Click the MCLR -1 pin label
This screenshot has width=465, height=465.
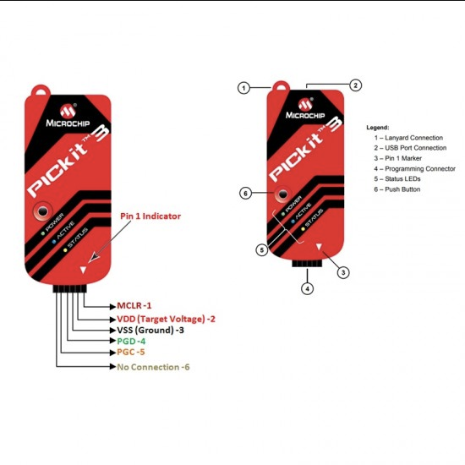[x=134, y=305]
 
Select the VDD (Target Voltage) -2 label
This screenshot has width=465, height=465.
[x=166, y=319]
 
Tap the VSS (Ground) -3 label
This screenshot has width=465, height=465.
[x=150, y=330]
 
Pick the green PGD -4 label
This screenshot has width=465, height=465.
[x=131, y=341]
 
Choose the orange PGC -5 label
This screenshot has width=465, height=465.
[x=131, y=352]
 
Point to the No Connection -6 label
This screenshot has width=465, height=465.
[x=153, y=367]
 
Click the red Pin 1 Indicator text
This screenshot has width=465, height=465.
[x=150, y=216]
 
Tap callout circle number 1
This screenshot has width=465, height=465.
[x=243, y=88]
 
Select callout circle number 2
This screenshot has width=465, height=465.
[x=356, y=85]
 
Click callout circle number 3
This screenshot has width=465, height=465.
[x=343, y=272]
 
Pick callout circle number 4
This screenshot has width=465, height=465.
[x=308, y=288]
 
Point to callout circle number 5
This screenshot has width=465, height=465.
[x=261, y=250]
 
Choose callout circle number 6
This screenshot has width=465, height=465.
[x=245, y=194]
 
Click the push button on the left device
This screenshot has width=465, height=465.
[x=43, y=211]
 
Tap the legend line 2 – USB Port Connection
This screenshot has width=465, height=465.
[x=410, y=148]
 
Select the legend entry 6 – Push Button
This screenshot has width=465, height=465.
[x=397, y=189]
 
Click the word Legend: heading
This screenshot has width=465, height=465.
[x=378, y=128]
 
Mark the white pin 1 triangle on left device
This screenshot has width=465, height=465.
[x=83, y=270]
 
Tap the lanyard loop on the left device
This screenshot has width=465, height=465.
[x=41, y=90]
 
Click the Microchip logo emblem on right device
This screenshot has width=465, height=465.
[x=305, y=104]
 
